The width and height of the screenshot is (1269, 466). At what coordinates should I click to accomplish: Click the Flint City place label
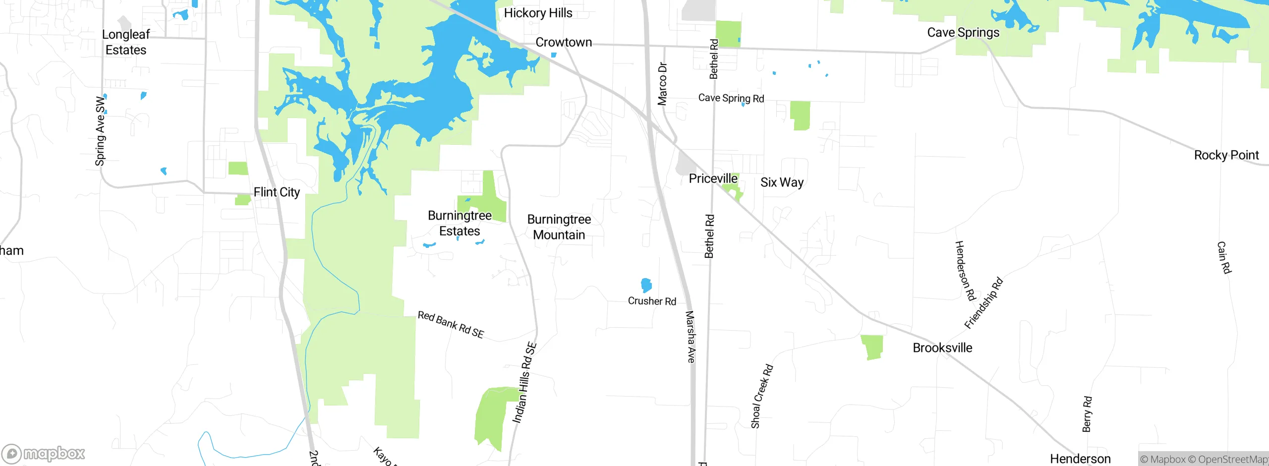[x=277, y=192]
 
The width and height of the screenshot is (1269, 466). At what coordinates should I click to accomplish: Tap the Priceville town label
[x=713, y=178]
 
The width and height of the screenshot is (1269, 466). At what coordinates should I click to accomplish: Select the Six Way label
[x=782, y=182]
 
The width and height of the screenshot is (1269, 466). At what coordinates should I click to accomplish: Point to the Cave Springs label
[x=963, y=33]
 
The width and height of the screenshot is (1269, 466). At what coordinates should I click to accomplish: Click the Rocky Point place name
[x=1226, y=155]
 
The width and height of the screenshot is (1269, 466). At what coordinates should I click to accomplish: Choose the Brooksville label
[x=942, y=348]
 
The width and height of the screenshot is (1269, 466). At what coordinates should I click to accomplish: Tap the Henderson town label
[x=1080, y=459]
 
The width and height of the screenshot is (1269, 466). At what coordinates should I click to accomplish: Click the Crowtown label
[x=564, y=43]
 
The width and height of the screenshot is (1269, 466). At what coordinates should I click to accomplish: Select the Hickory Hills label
[x=538, y=13]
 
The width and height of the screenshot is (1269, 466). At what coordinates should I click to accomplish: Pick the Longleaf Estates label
[x=126, y=42]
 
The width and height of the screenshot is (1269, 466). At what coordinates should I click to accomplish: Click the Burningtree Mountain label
[x=559, y=227]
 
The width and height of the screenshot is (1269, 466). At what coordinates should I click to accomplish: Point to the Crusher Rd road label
[x=652, y=301]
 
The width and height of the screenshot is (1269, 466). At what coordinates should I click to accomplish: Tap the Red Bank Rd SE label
[x=451, y=325]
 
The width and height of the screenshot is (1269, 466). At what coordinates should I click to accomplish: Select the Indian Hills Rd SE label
[x=524, y=382]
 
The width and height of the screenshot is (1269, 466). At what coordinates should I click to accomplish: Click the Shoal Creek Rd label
[x=761, y=396]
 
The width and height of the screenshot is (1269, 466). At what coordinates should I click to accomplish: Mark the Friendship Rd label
[x=983, y=303]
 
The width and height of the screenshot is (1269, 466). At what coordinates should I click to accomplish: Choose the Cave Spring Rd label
[x=731, y=98]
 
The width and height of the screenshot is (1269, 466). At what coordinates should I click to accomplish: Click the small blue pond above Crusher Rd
[x=646, y=285]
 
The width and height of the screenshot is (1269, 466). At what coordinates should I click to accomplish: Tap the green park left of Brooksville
[x=872, y=347]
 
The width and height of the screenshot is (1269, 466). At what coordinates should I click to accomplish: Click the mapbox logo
[x=44, y=454]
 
